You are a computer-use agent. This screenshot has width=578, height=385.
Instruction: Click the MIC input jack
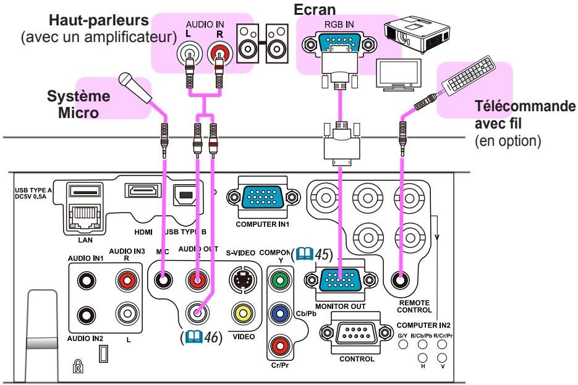pos(164,280)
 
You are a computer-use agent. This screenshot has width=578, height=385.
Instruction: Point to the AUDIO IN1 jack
pos(84,279)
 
